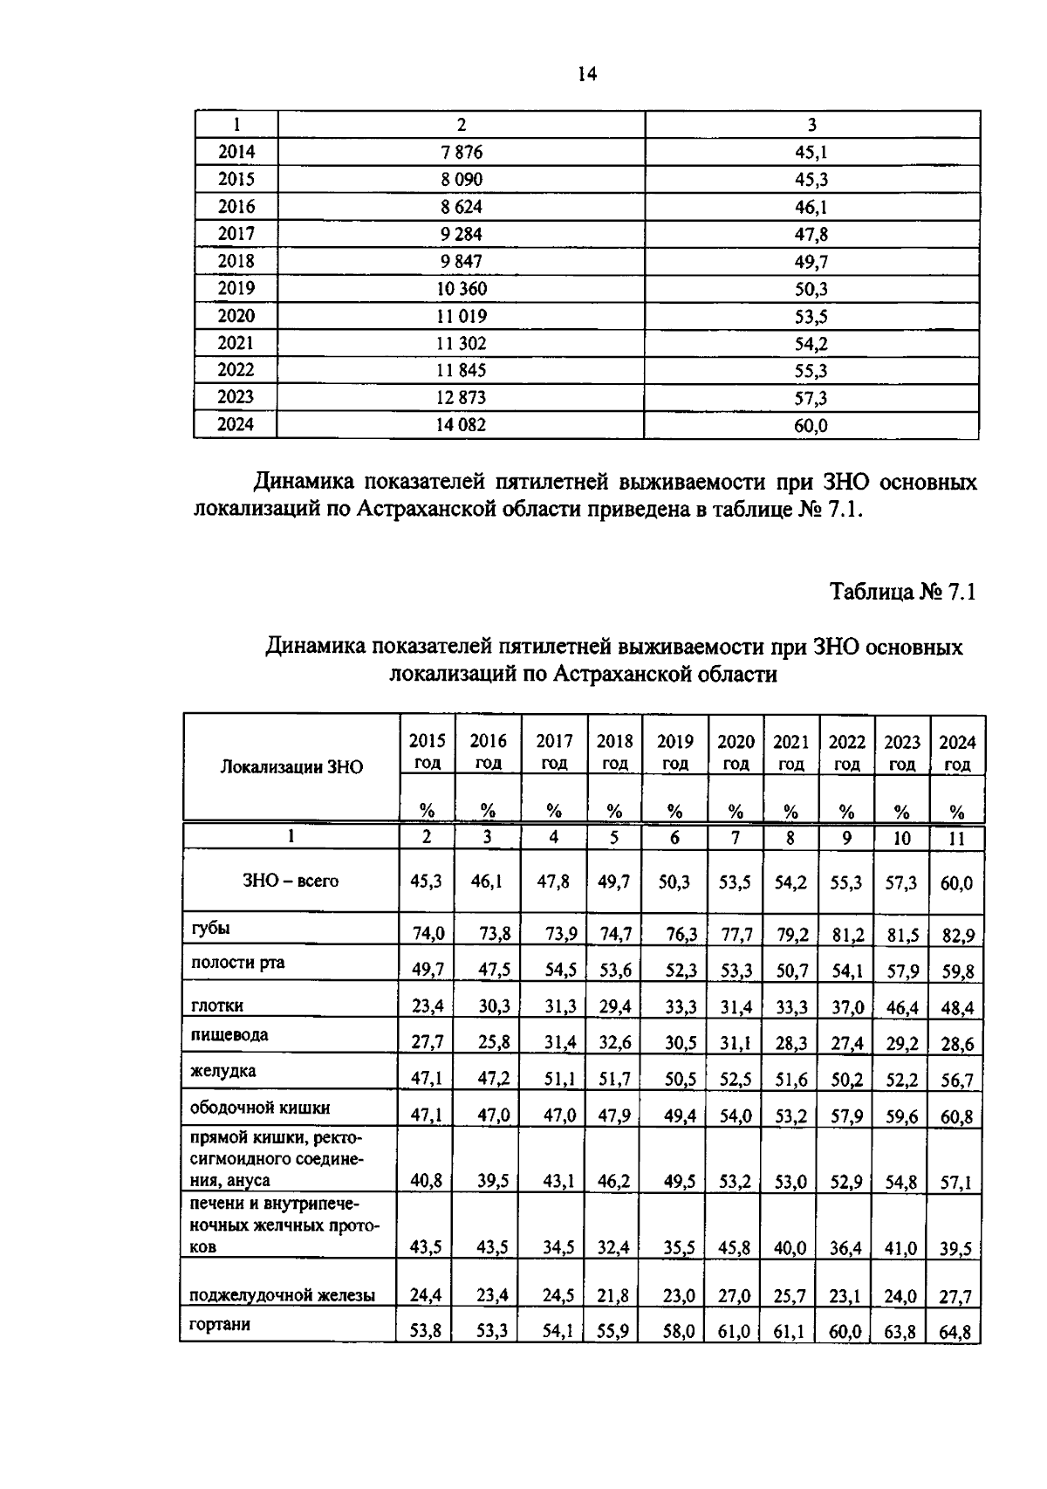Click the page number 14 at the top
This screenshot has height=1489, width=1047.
coord(585,75)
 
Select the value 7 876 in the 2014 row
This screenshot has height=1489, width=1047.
coord(462,153)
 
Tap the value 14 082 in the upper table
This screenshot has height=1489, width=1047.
coord(462,425)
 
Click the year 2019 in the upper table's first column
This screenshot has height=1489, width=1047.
coord(236,289)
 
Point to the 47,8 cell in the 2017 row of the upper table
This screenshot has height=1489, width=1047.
coord(811,234)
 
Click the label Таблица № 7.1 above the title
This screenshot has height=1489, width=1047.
coord(902,592)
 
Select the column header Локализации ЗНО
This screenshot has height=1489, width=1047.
coord(291,767)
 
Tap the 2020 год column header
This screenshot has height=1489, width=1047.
coord(736,751)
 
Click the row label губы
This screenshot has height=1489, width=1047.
coord(210,928)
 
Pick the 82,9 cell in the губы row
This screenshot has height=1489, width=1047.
coord(956,935)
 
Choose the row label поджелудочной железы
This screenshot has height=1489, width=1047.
coord(283,1295)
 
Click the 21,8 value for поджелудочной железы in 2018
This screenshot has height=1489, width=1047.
coord(614,1297)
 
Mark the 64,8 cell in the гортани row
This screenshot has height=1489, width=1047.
coord(956,1333)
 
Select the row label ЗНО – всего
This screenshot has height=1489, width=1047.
coord(291,881)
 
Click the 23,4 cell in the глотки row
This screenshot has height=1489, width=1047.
coord(427,1006)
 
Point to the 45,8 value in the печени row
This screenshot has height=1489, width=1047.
coord(735,1248)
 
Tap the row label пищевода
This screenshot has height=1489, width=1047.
coord(229,1035)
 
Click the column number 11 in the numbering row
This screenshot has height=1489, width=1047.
coord(956,838)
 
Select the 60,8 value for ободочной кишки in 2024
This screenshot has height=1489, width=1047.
coord(956,1115)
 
